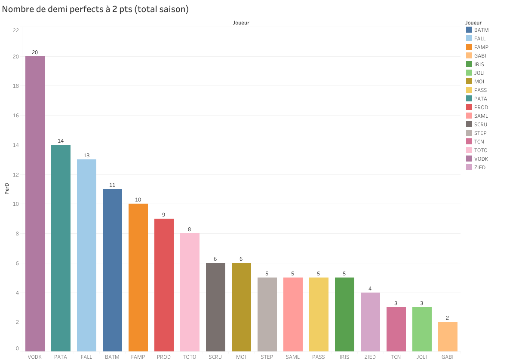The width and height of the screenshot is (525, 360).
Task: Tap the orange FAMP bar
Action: pyautogui.click(x=138, y=277)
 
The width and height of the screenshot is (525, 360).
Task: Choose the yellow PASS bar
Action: pyautogui.click(x=319, y=314)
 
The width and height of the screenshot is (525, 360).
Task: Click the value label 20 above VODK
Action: pyautogui.click(x=35, y=52)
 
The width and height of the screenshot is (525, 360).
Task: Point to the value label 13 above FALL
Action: pyautogui.click(x=86, y=155)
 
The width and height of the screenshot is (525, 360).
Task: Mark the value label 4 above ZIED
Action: pyautogui.click(x=370, y=288)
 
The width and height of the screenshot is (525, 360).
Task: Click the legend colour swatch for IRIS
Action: pyautogui.click(x=469, y=64)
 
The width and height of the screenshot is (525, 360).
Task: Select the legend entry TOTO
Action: pyautogui.click(x=481, y=150)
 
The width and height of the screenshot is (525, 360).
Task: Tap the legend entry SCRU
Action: pyautogui.click(x=481, y=125)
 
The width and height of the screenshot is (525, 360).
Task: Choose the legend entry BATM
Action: pyautogui.click(x=481, y=30)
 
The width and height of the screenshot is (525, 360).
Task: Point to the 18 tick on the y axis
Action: pyautogui.click(x=16, y=86)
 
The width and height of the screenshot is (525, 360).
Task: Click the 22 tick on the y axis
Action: pyautogui.click(x=16, y=30)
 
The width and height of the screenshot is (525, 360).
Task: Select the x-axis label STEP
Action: pyautogui.click(x=267, y=357)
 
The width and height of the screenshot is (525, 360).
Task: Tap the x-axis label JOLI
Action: pyautogui.click(x=422, y=357)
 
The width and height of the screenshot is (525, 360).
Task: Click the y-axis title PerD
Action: pyautogui.click(x=7, y=189)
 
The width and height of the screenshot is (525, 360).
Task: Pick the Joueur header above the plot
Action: pyautogui.click(x=241, y=23)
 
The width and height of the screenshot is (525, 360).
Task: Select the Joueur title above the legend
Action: pyautogui.click(x=473, y=22)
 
